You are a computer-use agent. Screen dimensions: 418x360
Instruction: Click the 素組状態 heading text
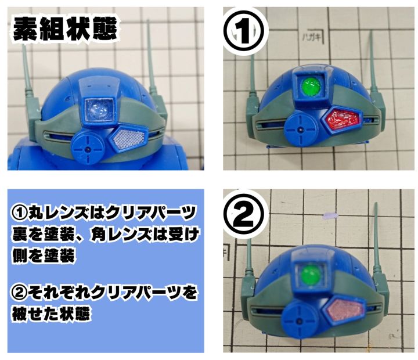(x=65, y=30)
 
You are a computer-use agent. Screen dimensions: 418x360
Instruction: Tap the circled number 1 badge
(x=244, y=31)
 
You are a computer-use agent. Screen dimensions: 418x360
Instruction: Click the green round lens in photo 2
(x=311, y=275)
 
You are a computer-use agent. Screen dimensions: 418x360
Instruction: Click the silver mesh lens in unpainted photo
(x=129, y=138)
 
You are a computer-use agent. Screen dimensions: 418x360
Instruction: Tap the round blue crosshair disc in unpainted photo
(x=88, y=147)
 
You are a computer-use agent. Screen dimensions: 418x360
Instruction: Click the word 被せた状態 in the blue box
(x=51, y=314)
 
